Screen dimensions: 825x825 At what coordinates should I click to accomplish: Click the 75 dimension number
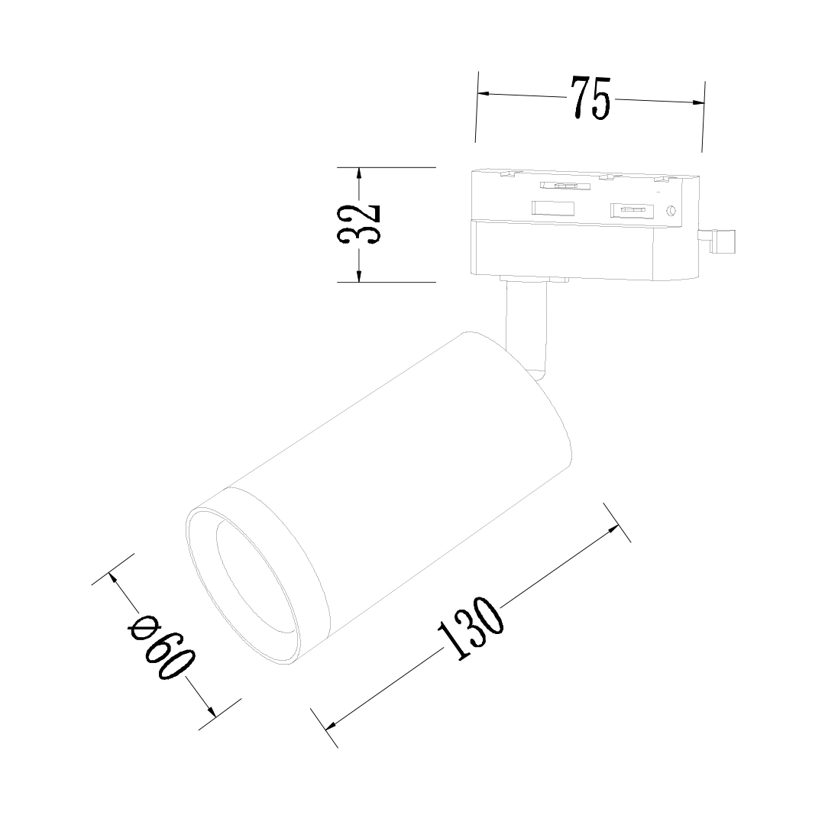(590, 99)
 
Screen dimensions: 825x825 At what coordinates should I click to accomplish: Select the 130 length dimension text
(471, 628)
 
